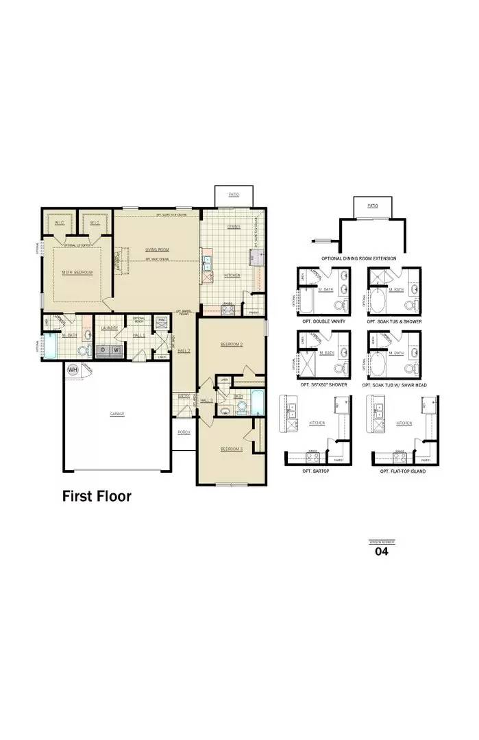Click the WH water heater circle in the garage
coord(72,369)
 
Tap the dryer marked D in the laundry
coord(103,350)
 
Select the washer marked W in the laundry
coord(116,350)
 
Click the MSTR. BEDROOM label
coord(77,272)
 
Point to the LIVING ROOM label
coord(157,249)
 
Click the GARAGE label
coord(117,414)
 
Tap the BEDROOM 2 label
coord(232,344)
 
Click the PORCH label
coord(184,432)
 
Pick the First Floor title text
coord(97,495)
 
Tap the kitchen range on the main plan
coord(228,310)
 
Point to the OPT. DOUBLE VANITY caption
coord(321,321)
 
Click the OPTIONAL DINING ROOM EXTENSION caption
coord(358,259)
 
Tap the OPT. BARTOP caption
coord(316,471)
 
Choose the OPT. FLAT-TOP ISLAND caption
coord(403,471)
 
